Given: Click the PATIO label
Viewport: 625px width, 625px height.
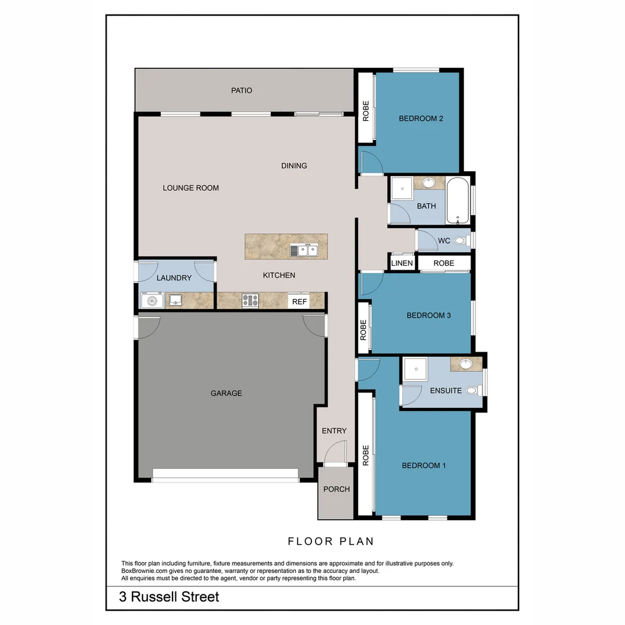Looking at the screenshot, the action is (241, 90).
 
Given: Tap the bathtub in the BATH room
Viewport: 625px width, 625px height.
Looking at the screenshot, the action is (458, 200).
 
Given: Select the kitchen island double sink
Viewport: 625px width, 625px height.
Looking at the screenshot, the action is (304, 250).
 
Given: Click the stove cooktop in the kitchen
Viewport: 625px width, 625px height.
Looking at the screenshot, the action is (251, 300).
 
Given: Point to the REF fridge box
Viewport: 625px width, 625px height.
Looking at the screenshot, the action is (299, 302).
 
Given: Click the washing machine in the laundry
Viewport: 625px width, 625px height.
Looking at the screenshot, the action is (152, 300).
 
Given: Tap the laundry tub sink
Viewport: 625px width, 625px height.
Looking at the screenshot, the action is (175, 300).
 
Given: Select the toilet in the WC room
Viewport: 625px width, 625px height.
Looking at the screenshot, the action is (462, 240).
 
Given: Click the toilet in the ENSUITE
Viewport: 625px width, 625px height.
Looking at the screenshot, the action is (474, 390).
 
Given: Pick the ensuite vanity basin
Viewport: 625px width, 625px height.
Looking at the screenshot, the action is (465, 363).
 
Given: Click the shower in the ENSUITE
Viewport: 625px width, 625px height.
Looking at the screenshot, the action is (416, 369).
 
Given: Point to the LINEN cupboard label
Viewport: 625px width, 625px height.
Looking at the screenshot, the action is (402, 263).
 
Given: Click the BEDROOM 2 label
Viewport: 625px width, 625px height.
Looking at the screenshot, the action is (421, 119).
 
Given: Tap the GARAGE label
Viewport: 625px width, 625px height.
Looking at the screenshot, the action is (226, 393).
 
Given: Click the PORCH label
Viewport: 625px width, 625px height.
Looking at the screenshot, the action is (336, 489).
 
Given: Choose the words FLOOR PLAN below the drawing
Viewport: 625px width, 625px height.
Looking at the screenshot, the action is (331, 541).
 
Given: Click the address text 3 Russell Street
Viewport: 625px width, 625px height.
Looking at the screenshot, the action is (169, 597).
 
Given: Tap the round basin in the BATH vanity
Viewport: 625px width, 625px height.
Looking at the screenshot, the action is (428, 182).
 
